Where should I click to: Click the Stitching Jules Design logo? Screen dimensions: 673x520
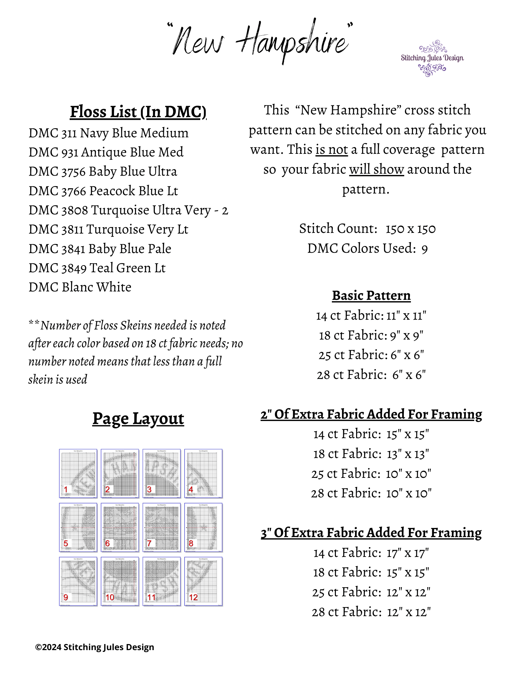tap(432, 58)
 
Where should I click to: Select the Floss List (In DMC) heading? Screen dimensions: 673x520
tap(138, 112)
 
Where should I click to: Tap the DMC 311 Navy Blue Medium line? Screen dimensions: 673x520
tap(108, 133)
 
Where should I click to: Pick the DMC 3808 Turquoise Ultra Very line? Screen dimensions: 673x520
tap(128, 210)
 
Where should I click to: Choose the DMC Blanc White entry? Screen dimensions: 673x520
tap(80, 287)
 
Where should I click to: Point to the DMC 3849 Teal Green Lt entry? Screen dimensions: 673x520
tap(97, 268)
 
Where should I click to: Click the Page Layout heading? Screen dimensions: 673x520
tap(138, 419)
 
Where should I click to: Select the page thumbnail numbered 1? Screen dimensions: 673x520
tap(78, 473)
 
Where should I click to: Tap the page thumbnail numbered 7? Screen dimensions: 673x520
tap(162, 527)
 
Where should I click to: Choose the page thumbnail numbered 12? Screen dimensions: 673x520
tap(203, 581)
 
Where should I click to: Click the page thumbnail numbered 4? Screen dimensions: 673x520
tap(203, 473)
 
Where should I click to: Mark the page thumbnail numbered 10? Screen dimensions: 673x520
tap(120, 581)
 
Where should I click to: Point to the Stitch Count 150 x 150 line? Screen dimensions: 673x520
tap(367, 229)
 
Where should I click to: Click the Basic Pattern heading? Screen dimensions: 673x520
tap(371, 295)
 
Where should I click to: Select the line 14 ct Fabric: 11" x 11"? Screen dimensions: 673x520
tap(371, 316)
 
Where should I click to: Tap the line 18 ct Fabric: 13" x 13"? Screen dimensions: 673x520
tap(371, 454)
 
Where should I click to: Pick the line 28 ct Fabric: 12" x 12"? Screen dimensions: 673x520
tap(371, 612)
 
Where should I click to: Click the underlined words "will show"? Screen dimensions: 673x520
tap(376, 169)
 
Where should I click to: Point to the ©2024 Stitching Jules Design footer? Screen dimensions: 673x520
tap(95, 647)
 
